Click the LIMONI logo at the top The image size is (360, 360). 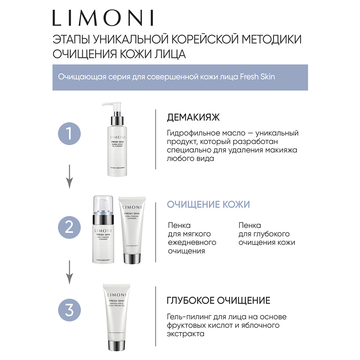[103, 17]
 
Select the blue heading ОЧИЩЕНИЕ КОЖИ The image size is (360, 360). [208, 204]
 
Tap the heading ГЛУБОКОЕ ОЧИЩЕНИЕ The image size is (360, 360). [219, 300]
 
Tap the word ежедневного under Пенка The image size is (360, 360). [192, 242]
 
